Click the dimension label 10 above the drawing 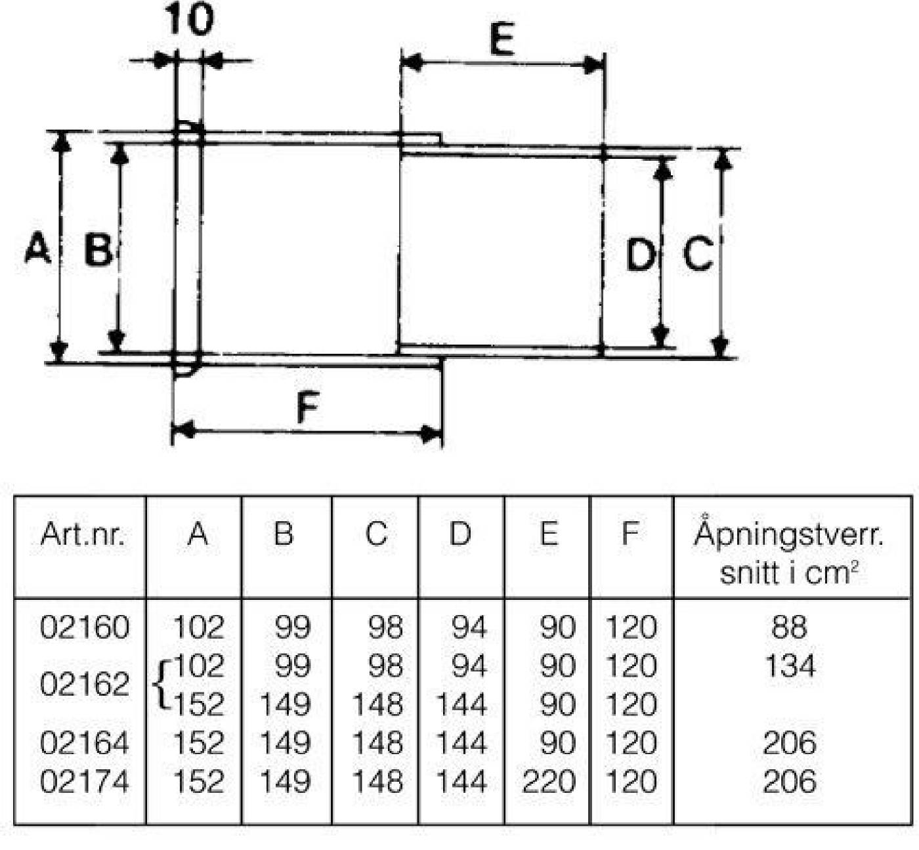click(x=189, y=19)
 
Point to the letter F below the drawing click(x=307, y=407)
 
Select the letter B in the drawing click(x=98, y=250)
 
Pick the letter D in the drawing click(x=641, y=255)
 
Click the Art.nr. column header click(x=82, y=535)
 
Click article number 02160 click(x=84, y=627)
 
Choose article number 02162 click(x=84, y=685)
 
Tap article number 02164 click(x=84, y=743)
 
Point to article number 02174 click(x=84, y=782)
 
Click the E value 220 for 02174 click(x=549, y=782)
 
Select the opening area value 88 click(x=789, y=627)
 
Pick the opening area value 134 click(x=790, y=666)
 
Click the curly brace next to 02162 click(x=161, y=685)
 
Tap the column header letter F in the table click(x=631, y=534)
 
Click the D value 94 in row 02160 click(x=469, y=627)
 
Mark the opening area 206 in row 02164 click(x=790, y=743)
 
